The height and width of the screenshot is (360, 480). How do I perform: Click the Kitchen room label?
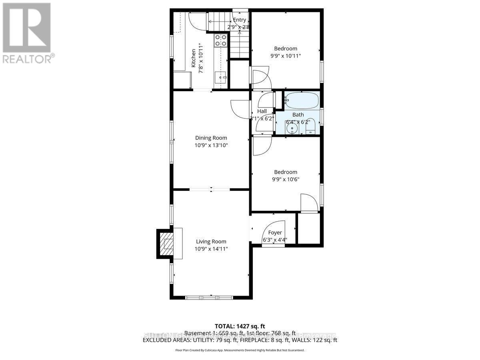click(x=193, y=58)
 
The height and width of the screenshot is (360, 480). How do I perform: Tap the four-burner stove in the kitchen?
click(x=221, y=40)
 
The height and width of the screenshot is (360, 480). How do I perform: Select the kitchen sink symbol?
click(x=220, y=77)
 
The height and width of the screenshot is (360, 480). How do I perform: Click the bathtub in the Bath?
click(x=302, y=100)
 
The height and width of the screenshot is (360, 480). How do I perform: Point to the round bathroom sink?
click(x=292, y=128)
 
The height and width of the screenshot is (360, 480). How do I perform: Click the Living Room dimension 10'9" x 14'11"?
click(x=211, y=249)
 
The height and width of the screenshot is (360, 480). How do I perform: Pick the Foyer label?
click(x=275, y=232)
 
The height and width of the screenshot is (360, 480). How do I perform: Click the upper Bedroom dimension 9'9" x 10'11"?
click(x=286, y=56)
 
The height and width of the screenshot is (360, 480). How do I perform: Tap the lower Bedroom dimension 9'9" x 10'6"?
click(x=286, y=180)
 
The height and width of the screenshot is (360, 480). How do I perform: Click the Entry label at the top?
click(x=239, y=20)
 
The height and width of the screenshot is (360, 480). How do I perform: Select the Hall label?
click(x=262, y=111)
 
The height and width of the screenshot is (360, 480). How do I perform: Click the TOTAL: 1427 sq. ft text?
click(x=240, y=326)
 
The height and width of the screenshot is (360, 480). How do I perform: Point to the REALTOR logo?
click(x=27, y=32)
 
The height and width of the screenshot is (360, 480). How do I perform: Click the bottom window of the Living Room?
click(x=209, y=297)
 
